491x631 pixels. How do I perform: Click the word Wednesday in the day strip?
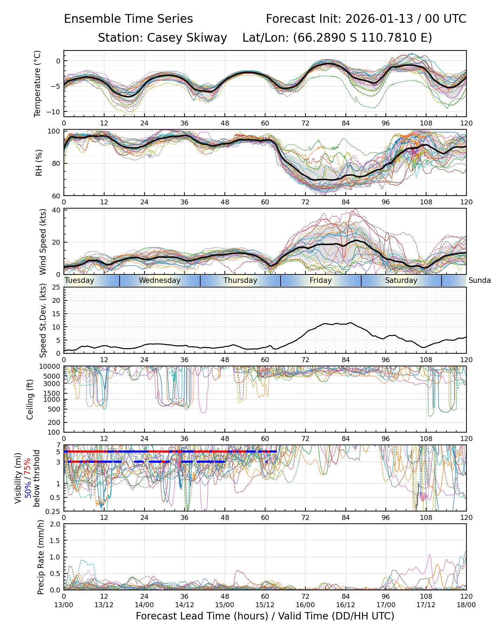coord(160,280)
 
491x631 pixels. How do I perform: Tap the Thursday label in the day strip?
coord(240,280)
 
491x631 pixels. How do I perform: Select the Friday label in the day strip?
coord(321,280)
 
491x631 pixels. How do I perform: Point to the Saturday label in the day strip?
coord(401,280)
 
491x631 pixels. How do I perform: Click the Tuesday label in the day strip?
coord(80,280)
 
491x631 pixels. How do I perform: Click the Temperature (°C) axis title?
coord(38,83)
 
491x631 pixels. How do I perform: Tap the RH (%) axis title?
coord(39,163)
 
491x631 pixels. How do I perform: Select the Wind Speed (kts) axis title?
coord(43,242)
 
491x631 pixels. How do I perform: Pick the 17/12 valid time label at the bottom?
coord(426,605)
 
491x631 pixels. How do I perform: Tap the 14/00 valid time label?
coord(144,605)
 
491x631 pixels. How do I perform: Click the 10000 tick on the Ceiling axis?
coord(51,367)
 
